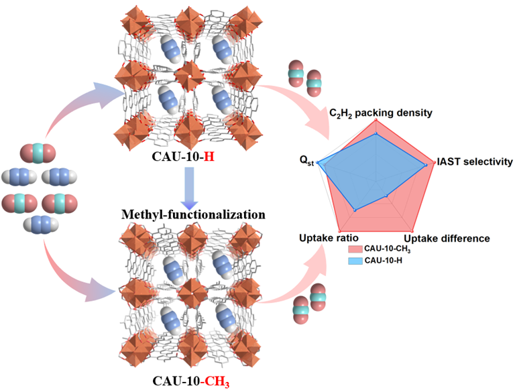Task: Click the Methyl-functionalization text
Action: tap(193, 216)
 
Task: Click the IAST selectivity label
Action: tap(474, 162)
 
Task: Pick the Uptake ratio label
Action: tap(327, 239)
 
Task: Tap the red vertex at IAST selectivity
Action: tap(430, 162)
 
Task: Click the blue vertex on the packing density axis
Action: tap(378, 135)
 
